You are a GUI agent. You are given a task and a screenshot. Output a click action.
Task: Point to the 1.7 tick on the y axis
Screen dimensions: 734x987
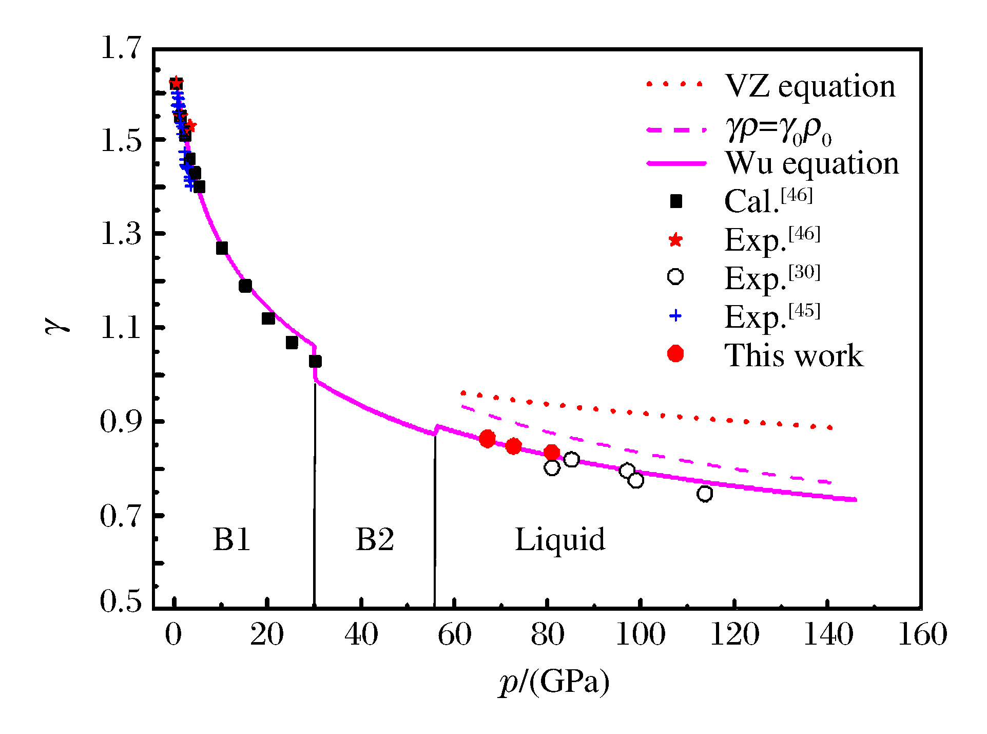coord(121,48)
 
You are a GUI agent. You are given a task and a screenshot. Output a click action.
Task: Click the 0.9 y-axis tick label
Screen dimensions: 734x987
coord(121,422)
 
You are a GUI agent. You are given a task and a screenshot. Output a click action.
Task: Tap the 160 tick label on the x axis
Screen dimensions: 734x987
coord(922,634)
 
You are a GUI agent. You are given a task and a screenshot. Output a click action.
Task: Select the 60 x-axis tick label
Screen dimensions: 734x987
coord(454,634)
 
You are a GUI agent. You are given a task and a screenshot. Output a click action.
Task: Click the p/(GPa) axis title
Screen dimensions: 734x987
coord(555,683)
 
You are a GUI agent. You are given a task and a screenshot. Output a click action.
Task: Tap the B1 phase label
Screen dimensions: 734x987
coord(232,540)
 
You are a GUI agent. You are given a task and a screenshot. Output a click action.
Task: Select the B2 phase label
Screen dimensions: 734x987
coord(375,540)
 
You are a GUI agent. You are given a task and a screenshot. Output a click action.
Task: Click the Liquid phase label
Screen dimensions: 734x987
coord(560,540)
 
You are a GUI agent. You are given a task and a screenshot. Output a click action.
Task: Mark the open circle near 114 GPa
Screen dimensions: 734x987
coord(705,494)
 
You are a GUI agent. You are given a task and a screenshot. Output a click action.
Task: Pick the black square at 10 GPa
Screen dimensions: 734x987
coord(222,248)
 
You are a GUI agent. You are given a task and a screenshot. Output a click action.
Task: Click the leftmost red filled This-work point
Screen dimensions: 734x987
coord(487,439)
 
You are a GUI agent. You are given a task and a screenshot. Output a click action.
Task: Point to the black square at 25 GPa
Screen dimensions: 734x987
coord(292,343)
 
